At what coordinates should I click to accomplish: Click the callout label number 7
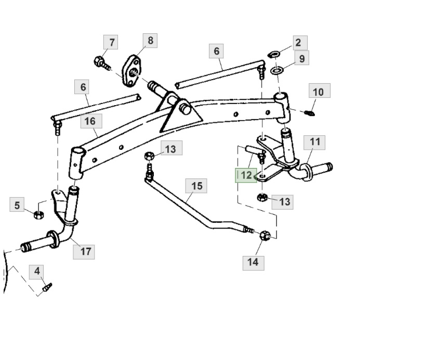[111, 42]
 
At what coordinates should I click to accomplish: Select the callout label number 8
[150, 41]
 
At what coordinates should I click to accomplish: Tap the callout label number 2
[298, 43]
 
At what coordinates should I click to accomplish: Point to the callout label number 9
[302, 58]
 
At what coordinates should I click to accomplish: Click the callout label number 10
[319, 92]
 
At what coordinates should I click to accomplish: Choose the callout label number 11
[315, 142]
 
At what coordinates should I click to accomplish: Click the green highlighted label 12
[246, 175]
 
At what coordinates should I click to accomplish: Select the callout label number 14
[253, 262]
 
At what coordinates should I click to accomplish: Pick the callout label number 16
[90, 121]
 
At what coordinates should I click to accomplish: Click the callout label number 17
[86, 251]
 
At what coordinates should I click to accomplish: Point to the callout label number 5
[17, 205]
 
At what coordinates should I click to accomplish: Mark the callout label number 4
[37, 271]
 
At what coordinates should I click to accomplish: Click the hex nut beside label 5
[37, 214]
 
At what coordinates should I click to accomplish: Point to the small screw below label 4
[47, 287]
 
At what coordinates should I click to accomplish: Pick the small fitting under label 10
[311, 113]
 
